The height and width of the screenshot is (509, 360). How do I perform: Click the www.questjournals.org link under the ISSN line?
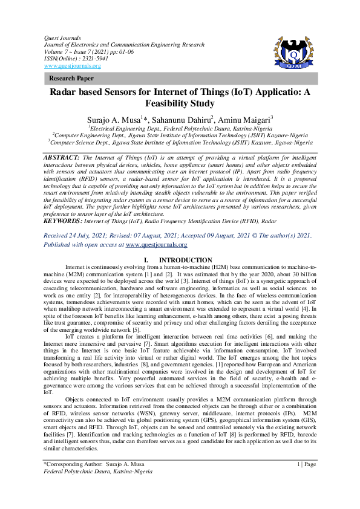[x=64, y=65]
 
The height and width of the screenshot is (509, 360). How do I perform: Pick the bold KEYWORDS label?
[x=65, y=222]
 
